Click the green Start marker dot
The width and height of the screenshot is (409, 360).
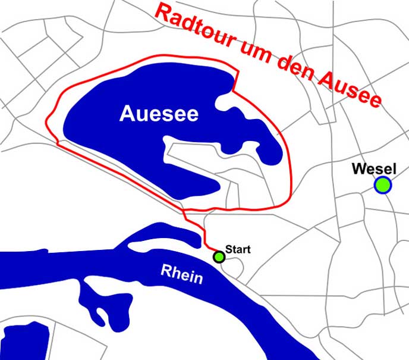[219, 257]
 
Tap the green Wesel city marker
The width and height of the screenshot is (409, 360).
[383, 186]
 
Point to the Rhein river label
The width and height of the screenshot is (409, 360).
[181, 274]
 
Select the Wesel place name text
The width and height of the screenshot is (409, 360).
[374, 168]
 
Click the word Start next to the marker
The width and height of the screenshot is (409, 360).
[238, 249]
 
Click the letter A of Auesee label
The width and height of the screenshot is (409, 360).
[126, 114]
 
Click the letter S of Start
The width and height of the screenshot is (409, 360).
[228, 249]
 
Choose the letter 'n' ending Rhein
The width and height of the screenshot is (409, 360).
[198, 278]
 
